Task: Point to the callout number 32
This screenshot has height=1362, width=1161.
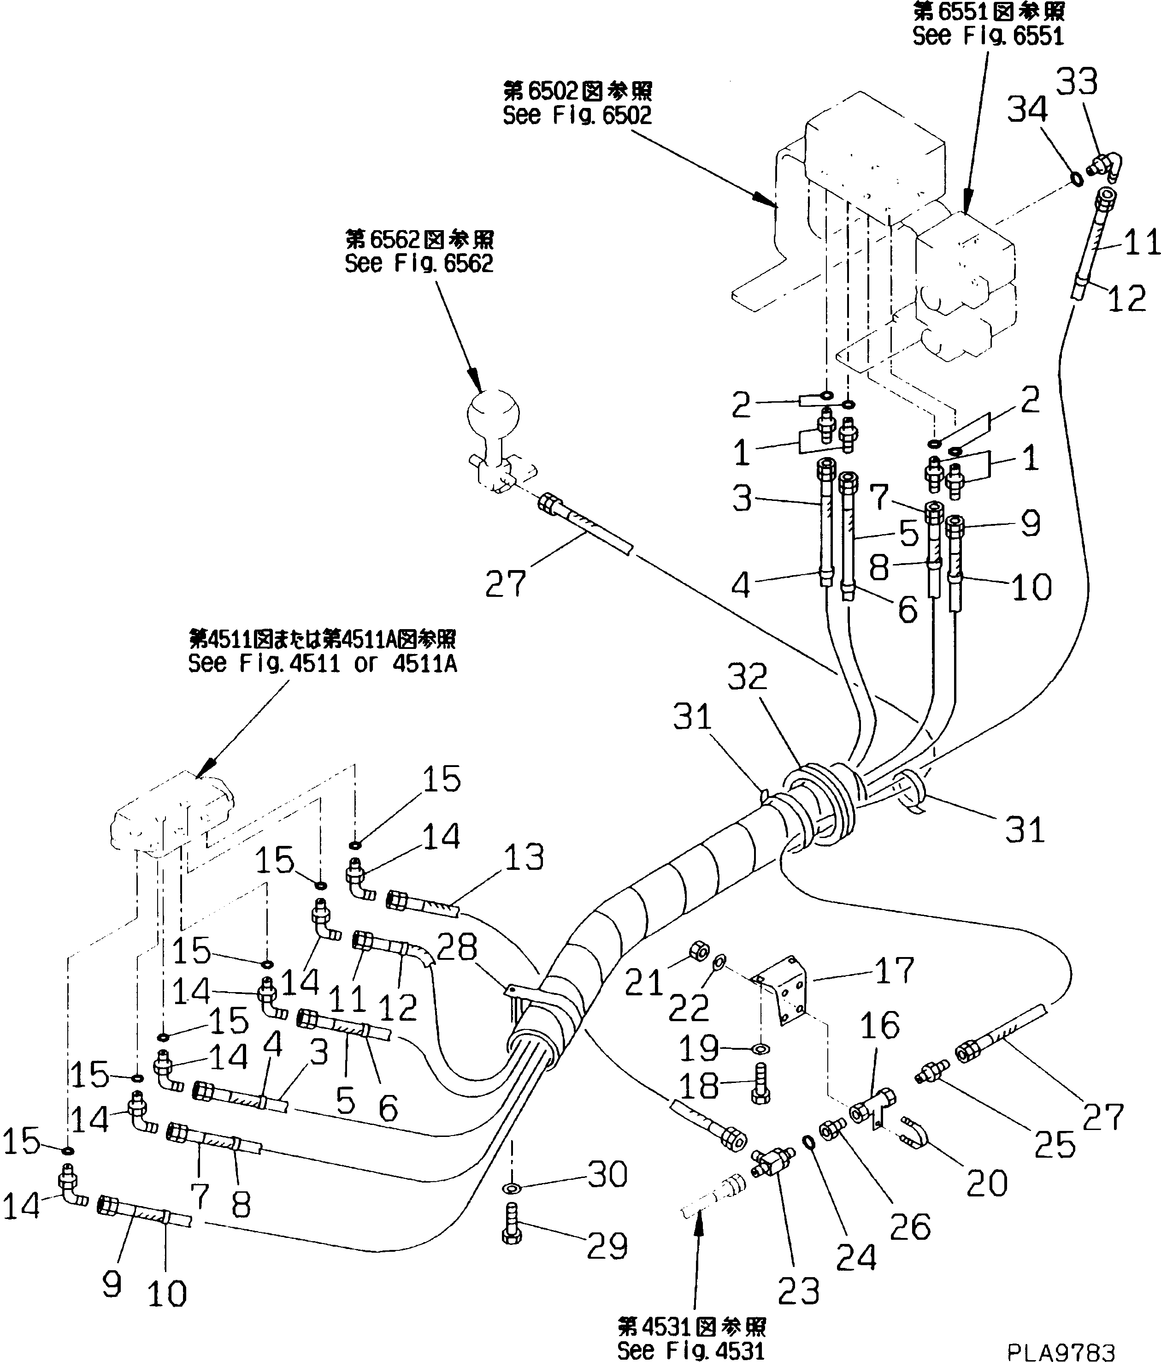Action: (747, 677)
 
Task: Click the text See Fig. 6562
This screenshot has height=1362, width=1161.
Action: (418, 264)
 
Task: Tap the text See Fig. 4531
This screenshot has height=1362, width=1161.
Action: (690, 1350)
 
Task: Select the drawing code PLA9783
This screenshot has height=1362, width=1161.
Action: (1061, 1351)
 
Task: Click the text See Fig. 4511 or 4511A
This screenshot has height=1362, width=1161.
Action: (322, 663)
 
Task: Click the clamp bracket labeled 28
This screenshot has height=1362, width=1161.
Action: (514, 992)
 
